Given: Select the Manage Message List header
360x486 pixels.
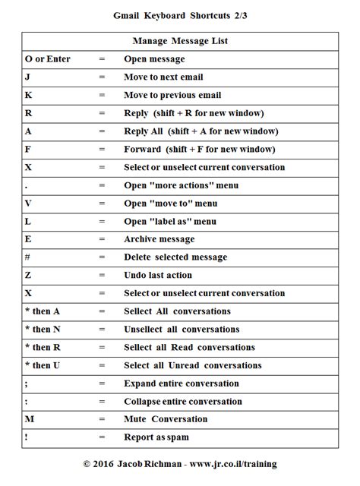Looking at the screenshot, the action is pos(179,41).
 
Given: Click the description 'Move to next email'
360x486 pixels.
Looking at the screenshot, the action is pos(163,77).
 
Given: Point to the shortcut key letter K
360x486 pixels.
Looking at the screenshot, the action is pos(29,96).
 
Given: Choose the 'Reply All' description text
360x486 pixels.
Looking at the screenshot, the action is pos(201,131).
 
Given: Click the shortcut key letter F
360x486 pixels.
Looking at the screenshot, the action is pos(28,150).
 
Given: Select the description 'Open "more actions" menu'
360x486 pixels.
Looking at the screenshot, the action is pos(181,185).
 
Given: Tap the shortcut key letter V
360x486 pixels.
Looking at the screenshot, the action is pos(29,204).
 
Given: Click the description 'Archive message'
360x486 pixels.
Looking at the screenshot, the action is pos(159,239).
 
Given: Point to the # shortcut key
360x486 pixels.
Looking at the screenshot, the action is pos(28,257).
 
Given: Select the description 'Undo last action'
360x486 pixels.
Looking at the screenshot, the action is pos(158,276).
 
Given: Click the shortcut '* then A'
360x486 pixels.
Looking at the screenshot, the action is pos(43,311).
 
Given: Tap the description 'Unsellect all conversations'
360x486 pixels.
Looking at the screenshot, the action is pos(182,330).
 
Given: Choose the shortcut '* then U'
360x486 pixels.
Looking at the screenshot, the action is pos(43,365).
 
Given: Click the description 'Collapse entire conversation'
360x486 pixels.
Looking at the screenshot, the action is pos(183,402).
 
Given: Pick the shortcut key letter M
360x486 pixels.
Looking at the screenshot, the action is pos(30,419).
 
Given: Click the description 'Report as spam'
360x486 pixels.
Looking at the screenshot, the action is pos(156,437).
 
